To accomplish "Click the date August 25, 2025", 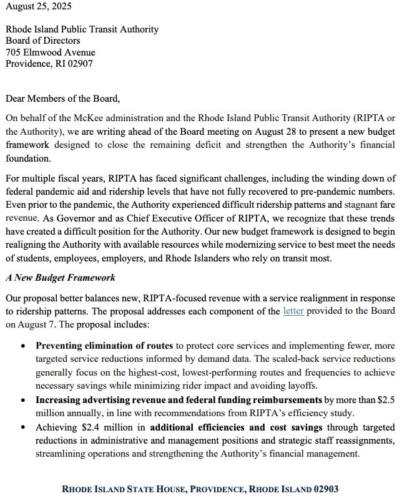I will point(38,7).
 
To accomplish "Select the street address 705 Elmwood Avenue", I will point(51,52).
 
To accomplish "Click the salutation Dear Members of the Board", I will point(62,98).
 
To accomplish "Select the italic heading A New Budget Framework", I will point(61,277).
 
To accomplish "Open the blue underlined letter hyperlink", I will point(293,310).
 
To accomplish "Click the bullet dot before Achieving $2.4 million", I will point(23,428).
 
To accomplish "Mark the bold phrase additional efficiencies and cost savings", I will point(236,427).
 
